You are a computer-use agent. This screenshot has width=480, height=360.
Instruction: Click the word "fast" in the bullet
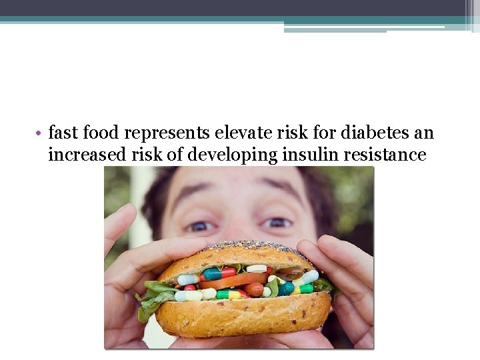click(x=63, y=133)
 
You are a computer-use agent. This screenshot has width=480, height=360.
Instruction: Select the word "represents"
click(x=167, y=133)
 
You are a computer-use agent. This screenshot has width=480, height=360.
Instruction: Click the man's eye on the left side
click(x=199, y=226)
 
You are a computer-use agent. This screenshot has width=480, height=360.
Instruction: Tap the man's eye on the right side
click(x=277, y=223)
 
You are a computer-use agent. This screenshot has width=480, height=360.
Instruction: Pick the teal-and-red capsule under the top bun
click(x=220, y=273)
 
